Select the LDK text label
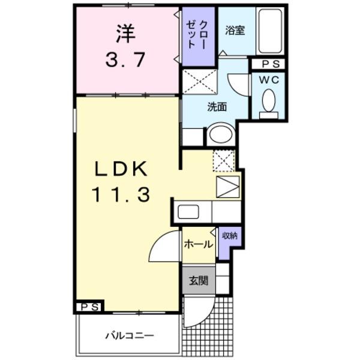(120, 170)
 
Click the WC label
(268, 79)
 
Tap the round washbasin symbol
(222, 135)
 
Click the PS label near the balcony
(89, 307)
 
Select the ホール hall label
(197, 244)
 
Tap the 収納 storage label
(229, 236)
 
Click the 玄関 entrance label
(199, 281)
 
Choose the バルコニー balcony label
(130, 335)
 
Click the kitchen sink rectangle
(190, 212)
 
